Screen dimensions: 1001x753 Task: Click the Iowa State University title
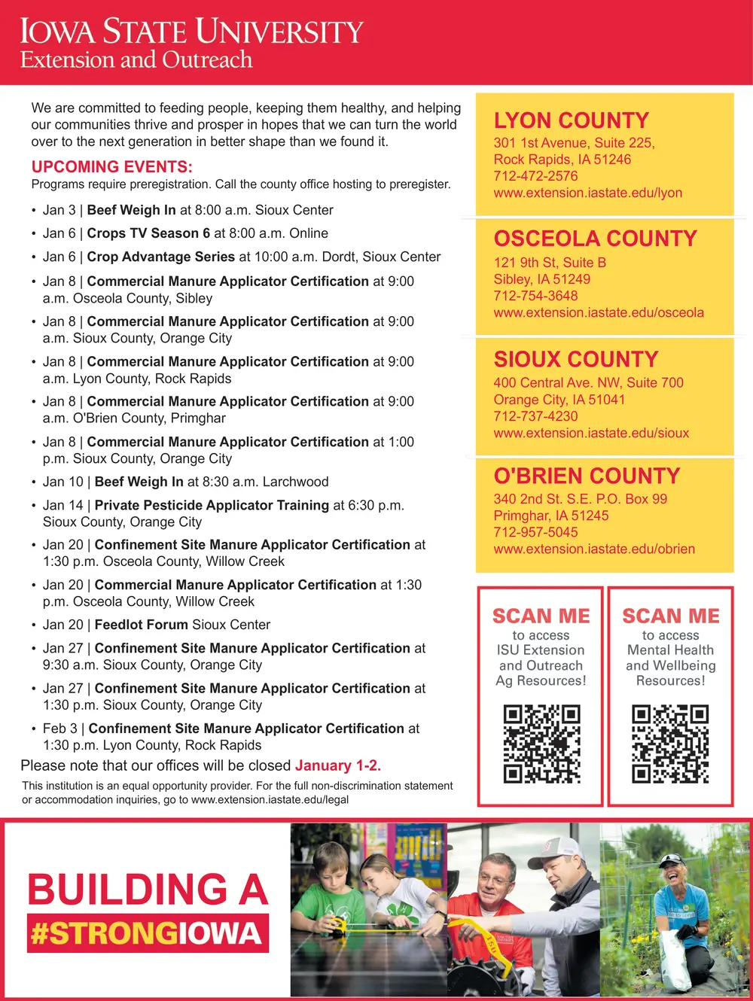(x=191, y=32)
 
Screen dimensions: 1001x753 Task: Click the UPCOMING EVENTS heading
(x=112, y=167)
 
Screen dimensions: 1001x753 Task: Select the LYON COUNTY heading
(x=571, y=120)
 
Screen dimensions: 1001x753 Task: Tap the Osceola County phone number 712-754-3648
(x=535, y=296)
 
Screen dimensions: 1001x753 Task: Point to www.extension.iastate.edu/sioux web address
(x=591, y=433)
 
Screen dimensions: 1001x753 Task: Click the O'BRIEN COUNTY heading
(x=587, y=476)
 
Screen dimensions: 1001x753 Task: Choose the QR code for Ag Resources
(x=541, y=744)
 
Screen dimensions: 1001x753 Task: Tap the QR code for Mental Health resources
(x=670, y=744)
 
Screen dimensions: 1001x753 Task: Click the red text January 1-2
(x=338, y=765)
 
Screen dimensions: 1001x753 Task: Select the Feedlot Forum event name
(x=141, y=625)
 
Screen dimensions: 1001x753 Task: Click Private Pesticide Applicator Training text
(x=212, y=505)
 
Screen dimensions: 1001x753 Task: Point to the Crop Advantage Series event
(x=160, y=257)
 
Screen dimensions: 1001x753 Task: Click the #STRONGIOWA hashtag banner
(x=148, y=934)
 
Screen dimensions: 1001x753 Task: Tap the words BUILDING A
(x=148, y=890)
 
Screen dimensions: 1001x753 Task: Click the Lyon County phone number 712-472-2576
(x=535, y=176)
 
